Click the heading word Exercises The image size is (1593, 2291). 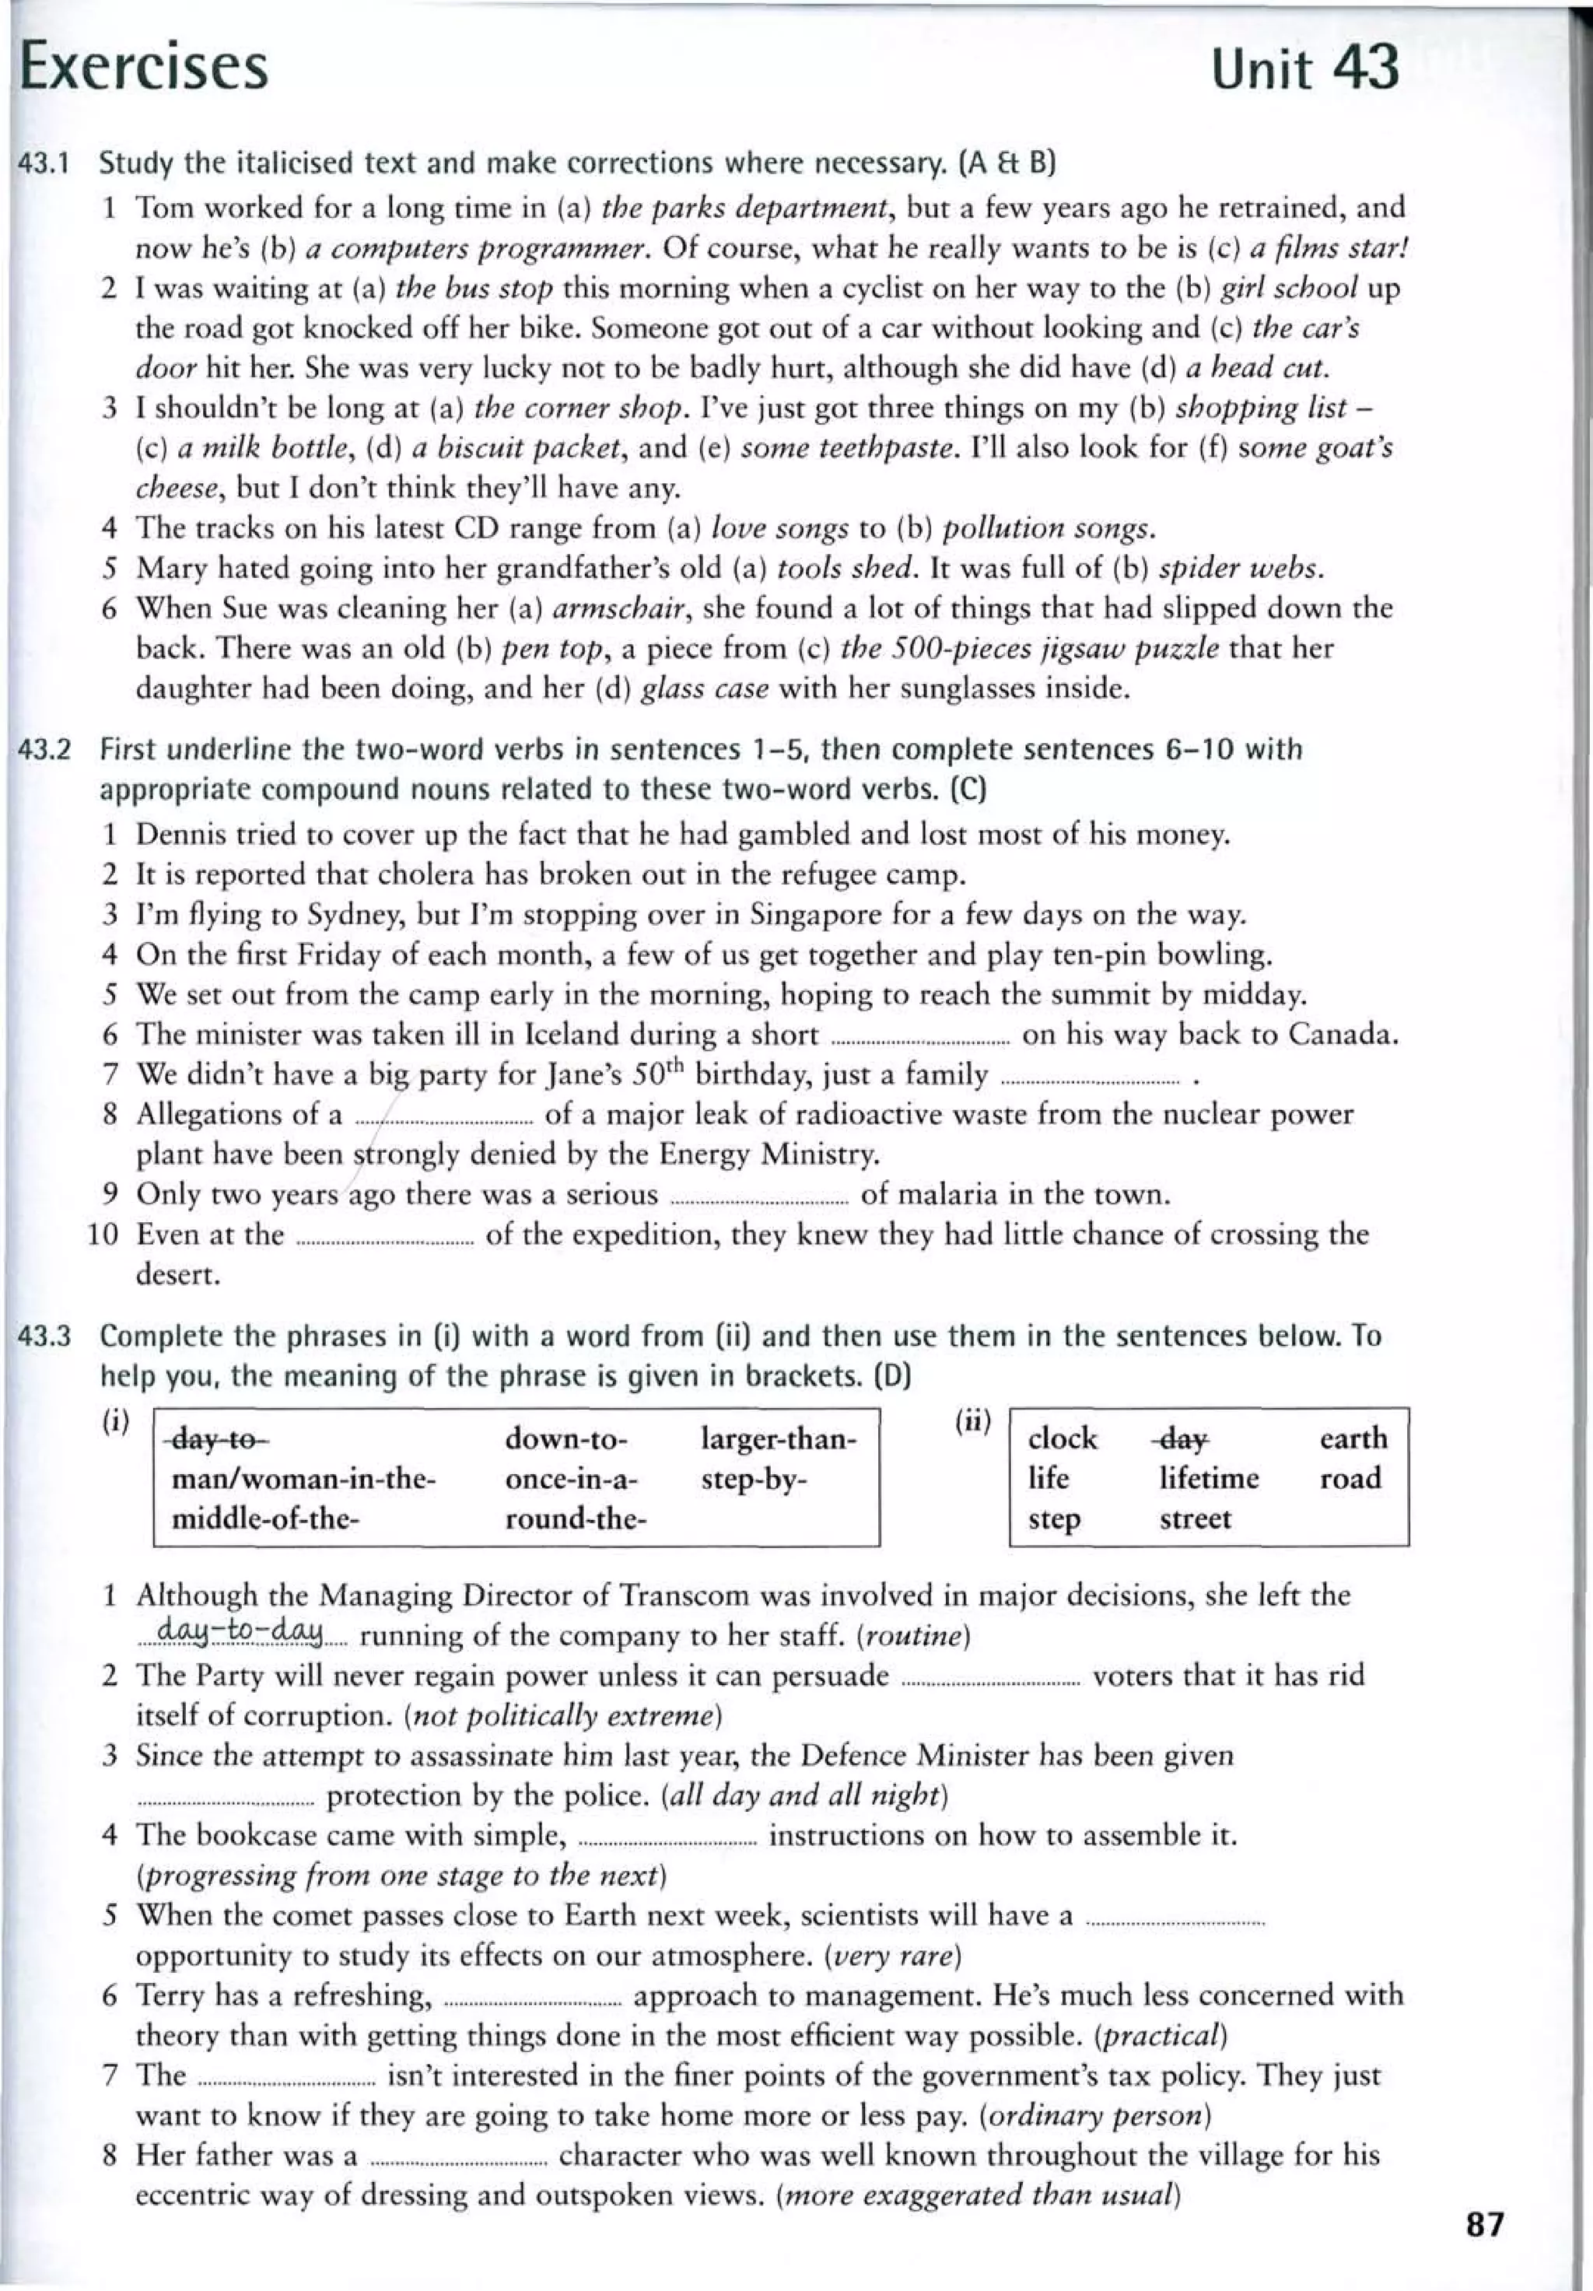tap(145, 68)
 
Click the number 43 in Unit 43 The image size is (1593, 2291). tap(1364, 68)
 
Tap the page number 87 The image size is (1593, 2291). tap(1484, 2225)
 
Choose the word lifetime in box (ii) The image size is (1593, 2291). tap(1208, 1478)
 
